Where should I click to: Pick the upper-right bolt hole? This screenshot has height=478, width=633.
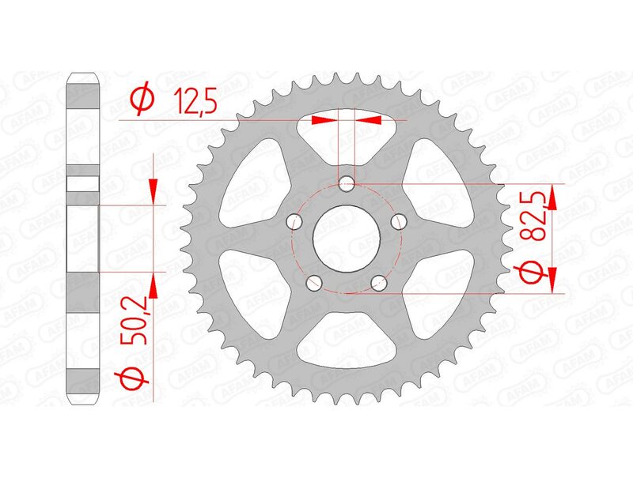pos(399,219)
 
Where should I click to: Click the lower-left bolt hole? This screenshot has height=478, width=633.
pos(314,280)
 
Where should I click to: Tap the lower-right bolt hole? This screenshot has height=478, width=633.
pos(380,280)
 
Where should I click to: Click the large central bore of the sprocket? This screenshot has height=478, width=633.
pos(347,238)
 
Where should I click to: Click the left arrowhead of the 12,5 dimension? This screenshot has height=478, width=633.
pos(322,120)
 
